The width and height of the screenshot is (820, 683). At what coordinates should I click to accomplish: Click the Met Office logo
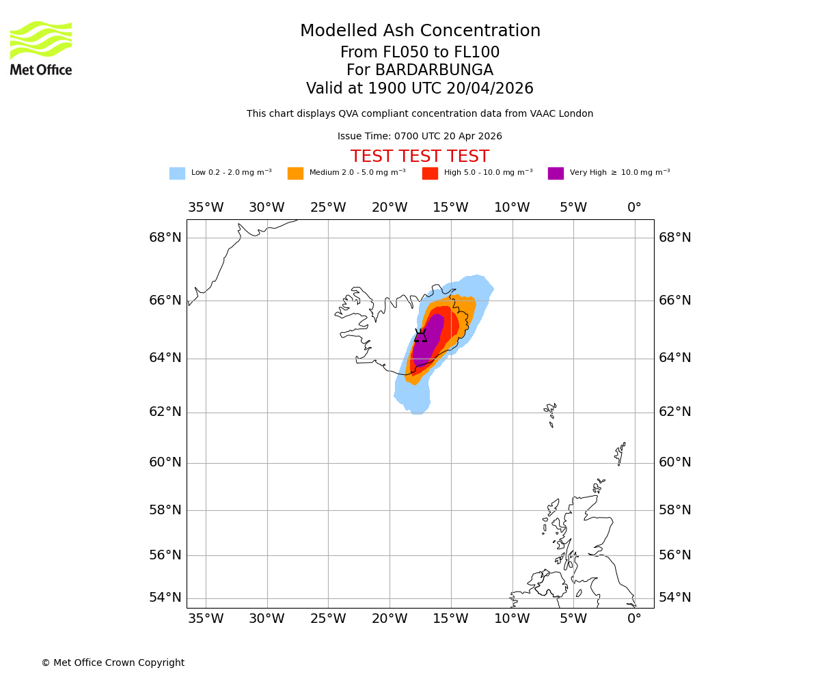[41, 48]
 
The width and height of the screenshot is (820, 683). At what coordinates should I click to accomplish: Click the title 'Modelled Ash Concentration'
[420, 31]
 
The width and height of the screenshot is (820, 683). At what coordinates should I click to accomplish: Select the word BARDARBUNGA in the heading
[434, 70]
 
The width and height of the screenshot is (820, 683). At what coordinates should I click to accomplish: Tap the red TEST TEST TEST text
[420, 157]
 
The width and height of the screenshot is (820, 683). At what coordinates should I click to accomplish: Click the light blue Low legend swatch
[177, 173]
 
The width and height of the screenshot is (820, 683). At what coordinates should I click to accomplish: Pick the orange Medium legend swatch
[295, 173]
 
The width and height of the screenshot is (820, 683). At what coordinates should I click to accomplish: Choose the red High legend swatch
[430, 173]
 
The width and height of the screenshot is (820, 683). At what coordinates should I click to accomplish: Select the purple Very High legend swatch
[556, 173]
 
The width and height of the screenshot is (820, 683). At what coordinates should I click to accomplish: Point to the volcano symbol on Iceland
[420, 335]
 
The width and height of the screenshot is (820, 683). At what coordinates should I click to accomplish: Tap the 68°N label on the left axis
[165, 238]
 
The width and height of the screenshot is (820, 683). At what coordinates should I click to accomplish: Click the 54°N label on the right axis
[674, 598]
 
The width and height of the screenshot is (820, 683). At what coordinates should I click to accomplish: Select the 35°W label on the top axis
[206, 208]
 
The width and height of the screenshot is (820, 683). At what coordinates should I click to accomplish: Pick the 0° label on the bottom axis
[634, 619]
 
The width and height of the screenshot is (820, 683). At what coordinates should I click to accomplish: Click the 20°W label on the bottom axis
[389, 619]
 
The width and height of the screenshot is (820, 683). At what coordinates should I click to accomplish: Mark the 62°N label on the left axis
[165, 412]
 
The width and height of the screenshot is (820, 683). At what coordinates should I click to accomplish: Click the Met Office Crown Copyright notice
[113, 663]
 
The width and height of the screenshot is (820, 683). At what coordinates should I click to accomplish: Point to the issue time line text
[420, 137]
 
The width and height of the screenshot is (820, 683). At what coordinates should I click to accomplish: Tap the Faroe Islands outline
[551, 413]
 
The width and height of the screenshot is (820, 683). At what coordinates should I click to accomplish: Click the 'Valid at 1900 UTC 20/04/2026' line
[420, 89]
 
